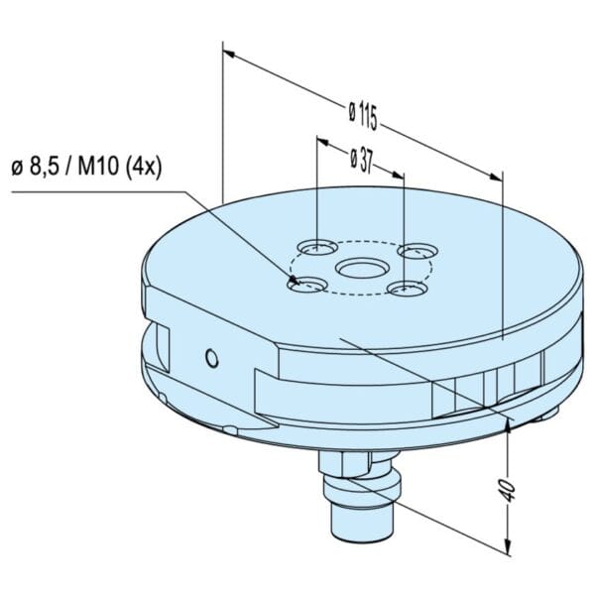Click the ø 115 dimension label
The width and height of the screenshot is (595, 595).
[363, 116]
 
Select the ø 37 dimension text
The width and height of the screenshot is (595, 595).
[362, 161]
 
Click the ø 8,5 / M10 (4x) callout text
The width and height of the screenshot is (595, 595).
[87, 167]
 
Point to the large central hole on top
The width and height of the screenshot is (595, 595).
[362, 269]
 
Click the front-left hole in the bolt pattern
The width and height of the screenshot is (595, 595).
[306, 285]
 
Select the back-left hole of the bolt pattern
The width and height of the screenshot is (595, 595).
[317, 248]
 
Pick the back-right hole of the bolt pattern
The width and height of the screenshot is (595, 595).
[417, 251]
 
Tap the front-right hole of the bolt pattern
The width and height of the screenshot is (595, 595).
[408, 289]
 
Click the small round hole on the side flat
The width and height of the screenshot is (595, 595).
[212, 358]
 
